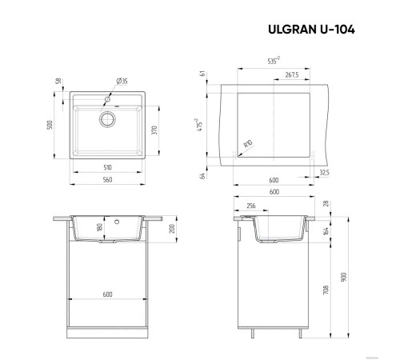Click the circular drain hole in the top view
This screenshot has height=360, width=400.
pyautogui.click(x=106, y=119)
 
